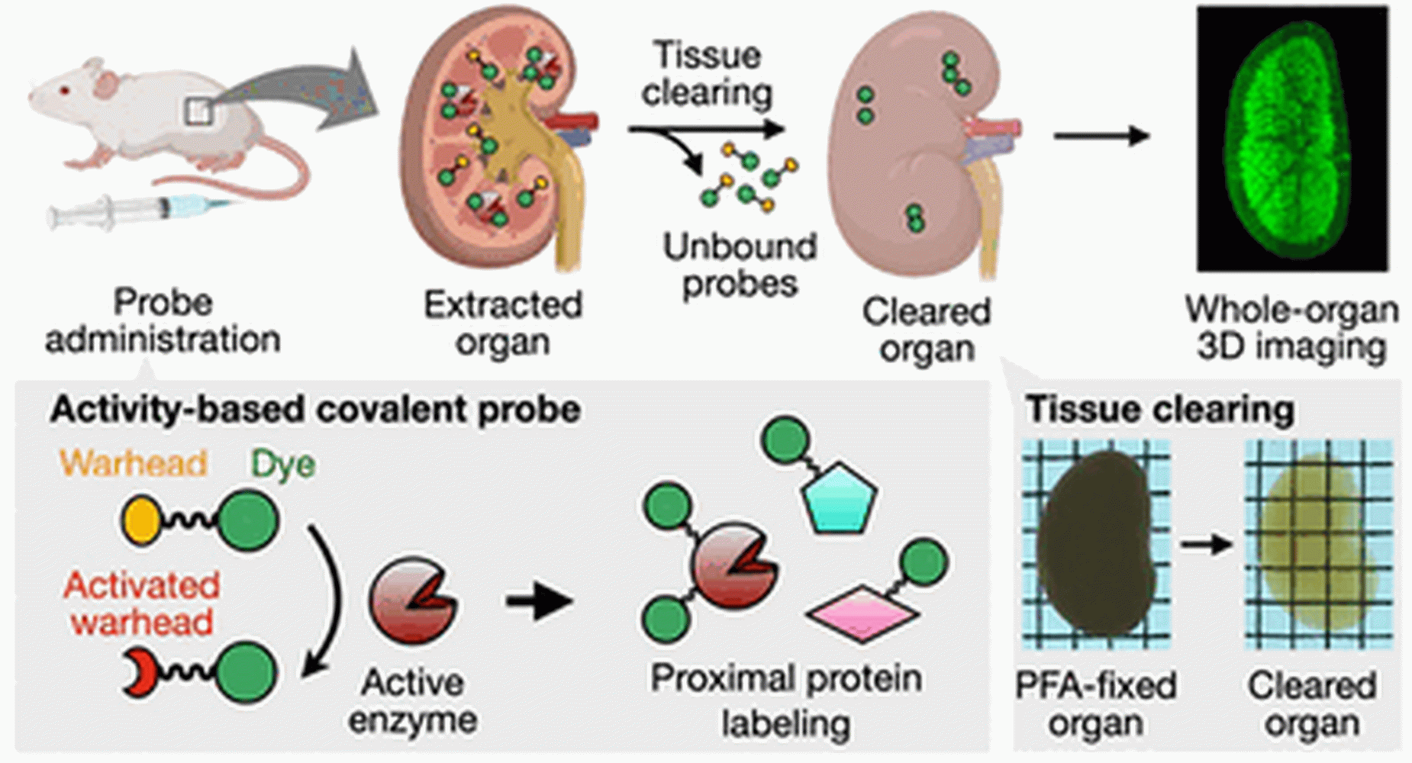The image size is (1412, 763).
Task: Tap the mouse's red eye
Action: click(64, 91)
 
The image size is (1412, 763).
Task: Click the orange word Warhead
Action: click(134, 463)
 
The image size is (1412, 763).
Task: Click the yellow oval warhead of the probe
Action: click(140, 521)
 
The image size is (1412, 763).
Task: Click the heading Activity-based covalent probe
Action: click(315, 410)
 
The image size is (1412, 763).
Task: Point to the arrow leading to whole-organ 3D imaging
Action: click(1101, 137)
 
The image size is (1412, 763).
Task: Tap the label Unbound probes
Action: click(740, 265)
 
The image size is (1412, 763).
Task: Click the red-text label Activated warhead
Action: click(142, 604)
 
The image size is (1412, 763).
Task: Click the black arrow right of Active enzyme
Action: click(538, 600)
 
